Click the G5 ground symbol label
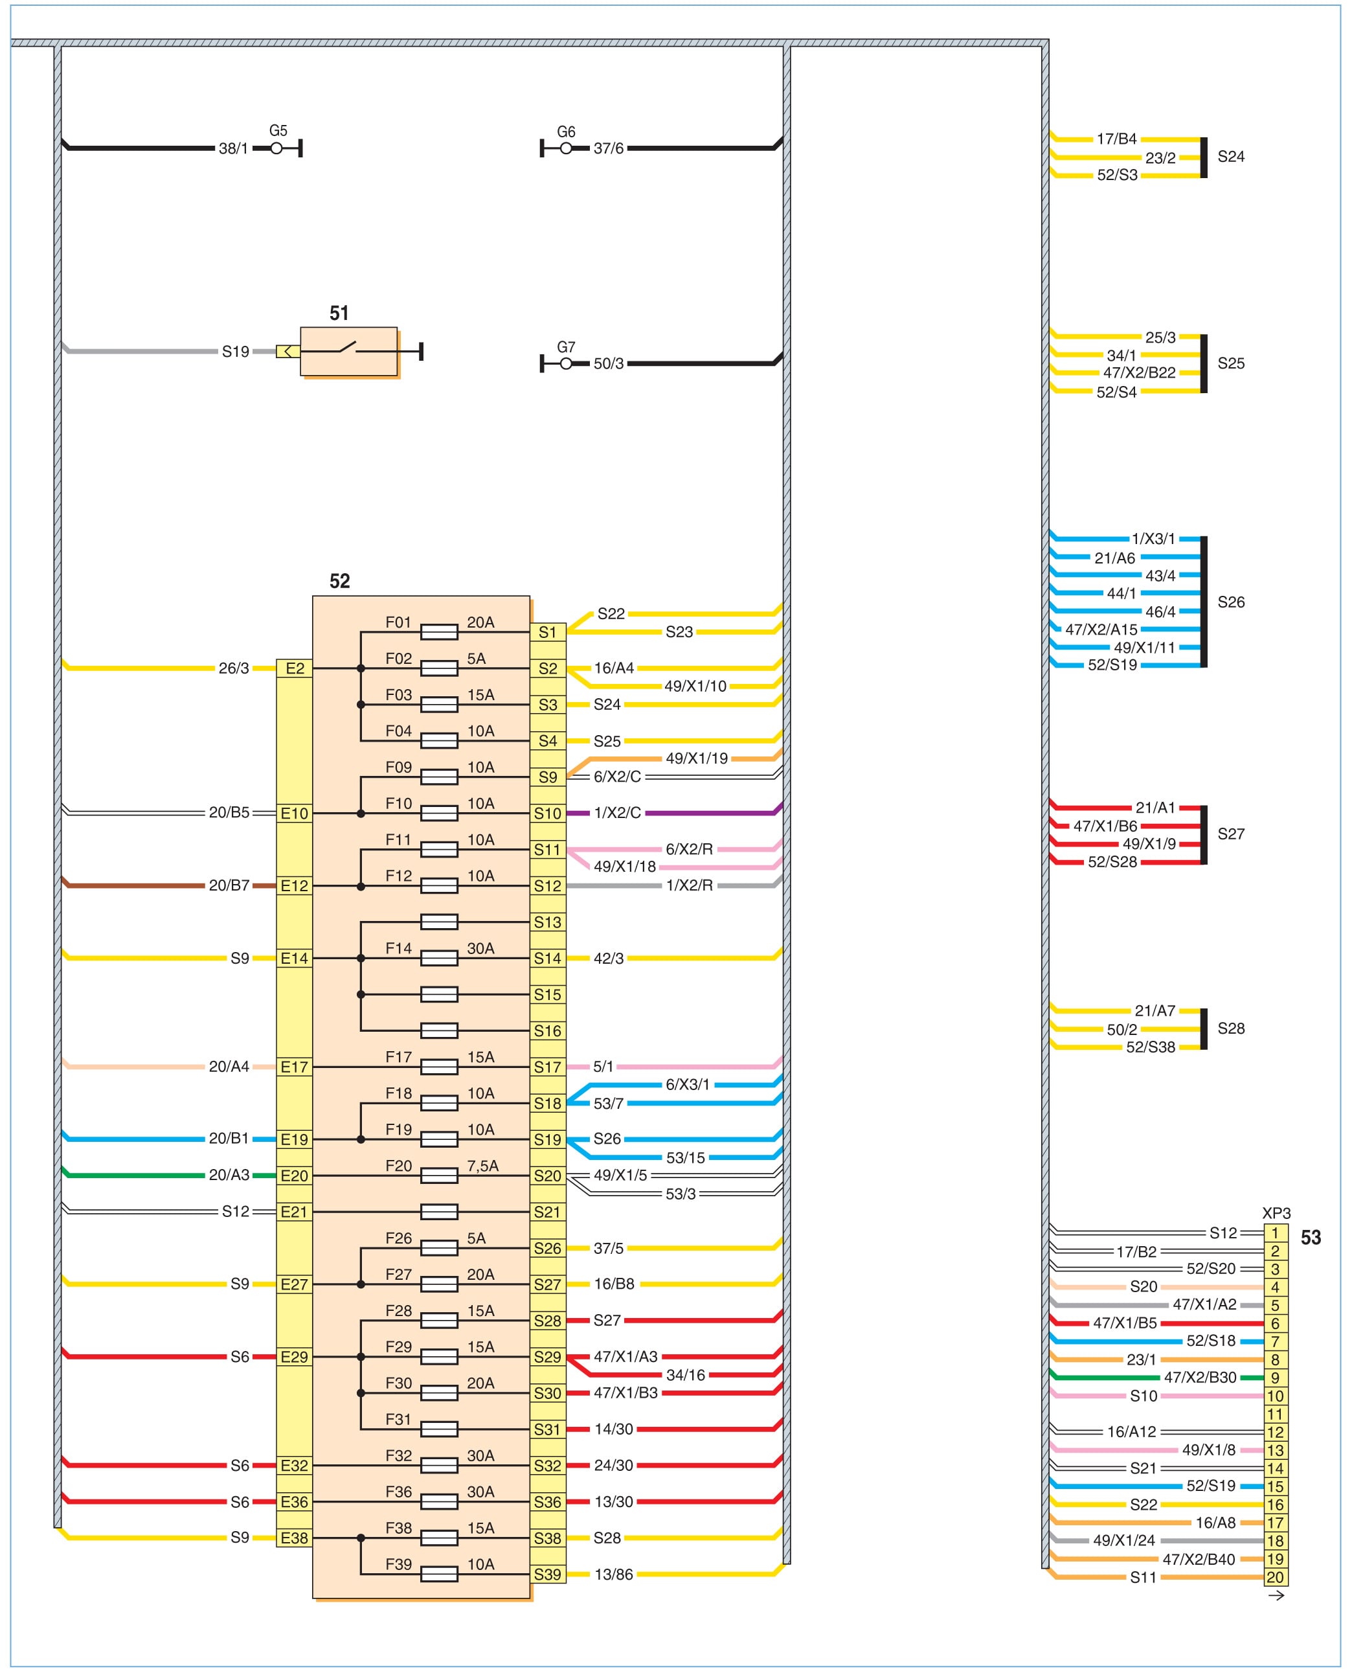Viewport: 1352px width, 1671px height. pyautogui.click(x=278, y=131)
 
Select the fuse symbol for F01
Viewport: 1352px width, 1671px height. pyautogui.click(x=438, y=631)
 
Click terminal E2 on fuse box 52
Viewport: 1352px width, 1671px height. pyautogui.click(x=295, y=668)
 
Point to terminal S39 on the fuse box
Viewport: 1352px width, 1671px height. pyautogui.click(x=548, y=1574)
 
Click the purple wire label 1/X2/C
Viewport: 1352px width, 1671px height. pyautogui.click(x=617, y=813)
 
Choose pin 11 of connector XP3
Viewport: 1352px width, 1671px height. pyautogui.click(x=1275, y=1414)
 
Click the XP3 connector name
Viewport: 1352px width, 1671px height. pyautogui.click(x=1276, y=1213)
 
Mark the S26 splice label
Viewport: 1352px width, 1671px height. pyautogui.click(x=1230, y=602)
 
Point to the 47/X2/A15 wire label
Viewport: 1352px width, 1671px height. pyautogui.click(x=1101, y=630)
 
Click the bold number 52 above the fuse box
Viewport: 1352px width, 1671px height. pyautogui.click(x=339, y=581)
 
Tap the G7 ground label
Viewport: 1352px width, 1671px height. pyautogui.click(x=566, y=347)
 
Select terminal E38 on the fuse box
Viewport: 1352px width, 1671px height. pyautogui.click(x=295, y=1538)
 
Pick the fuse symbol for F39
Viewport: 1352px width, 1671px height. pyautogui.click(x=438, y=1574)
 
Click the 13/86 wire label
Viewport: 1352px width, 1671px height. pyautogui.click(x=614, y=1574)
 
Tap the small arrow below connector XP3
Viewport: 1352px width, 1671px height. pyautogui.click(x=1276, y=1595)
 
